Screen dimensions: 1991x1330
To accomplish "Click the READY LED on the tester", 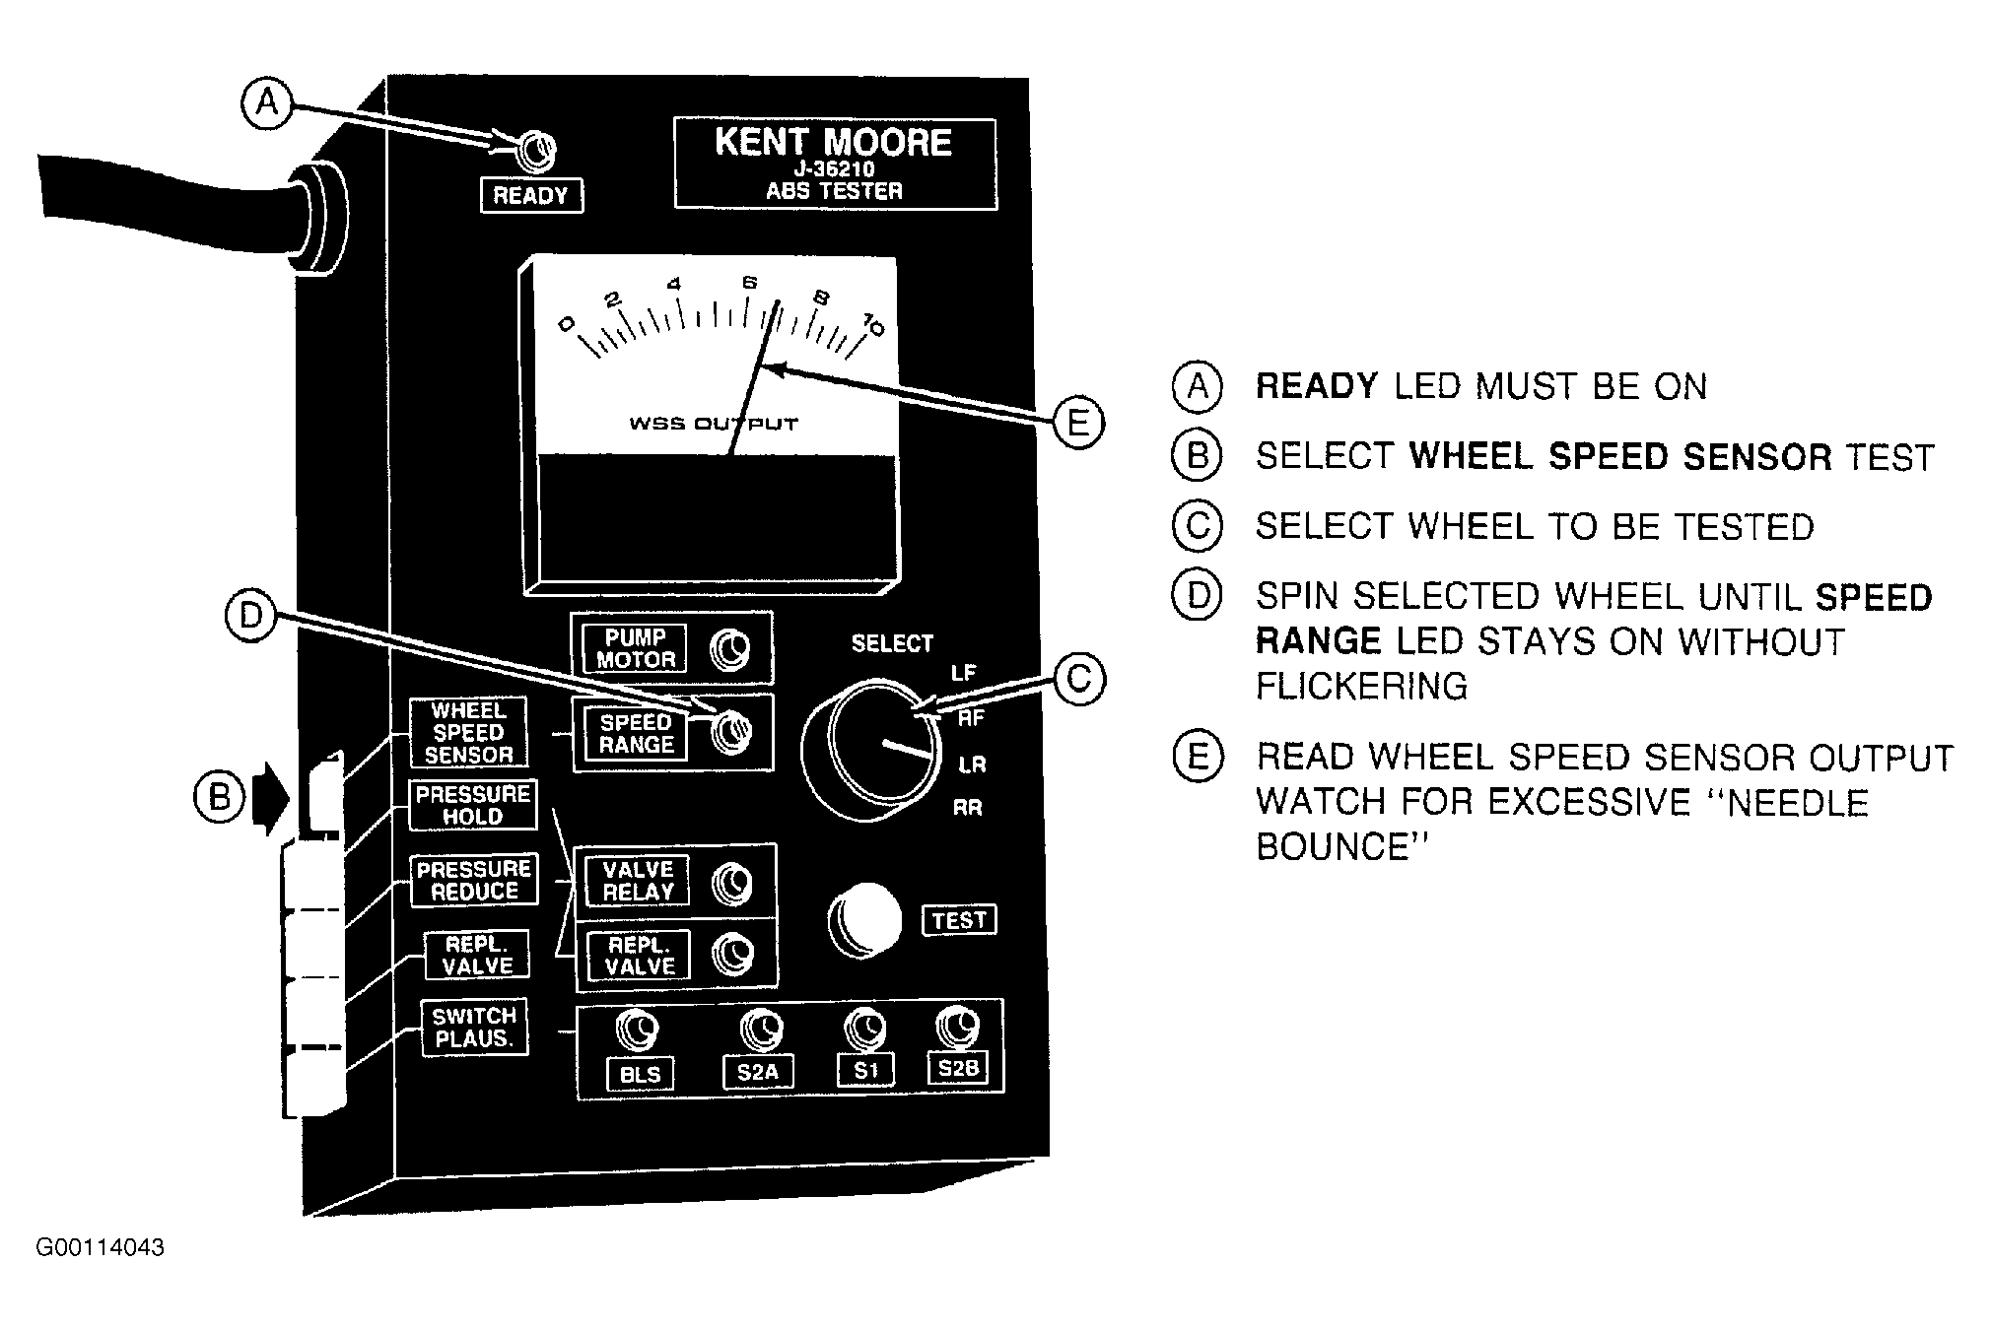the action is tap(537, 152).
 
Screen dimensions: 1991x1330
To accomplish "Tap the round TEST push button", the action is tap(864, 920).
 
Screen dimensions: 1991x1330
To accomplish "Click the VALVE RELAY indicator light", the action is tap(732, 883).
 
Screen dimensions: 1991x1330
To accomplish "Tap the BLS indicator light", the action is tap(637, 1031).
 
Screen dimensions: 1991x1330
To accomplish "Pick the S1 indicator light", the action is tap(865, 1031).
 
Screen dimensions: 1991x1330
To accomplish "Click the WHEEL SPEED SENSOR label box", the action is tap(468, 733).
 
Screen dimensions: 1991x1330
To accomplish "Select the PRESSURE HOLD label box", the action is tap(473, 805).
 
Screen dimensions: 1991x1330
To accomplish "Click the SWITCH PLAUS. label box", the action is tap(475, 1028).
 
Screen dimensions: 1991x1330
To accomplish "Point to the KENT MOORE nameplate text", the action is tap(834, 143).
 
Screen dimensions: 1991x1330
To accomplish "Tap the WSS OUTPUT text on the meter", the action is tap(714, 425).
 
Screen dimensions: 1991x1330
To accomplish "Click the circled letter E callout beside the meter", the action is tap(1078, 423).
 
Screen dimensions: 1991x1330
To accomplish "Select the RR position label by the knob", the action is tap(968, 809).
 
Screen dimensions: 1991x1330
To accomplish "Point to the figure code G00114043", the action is tap(100, 1248).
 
